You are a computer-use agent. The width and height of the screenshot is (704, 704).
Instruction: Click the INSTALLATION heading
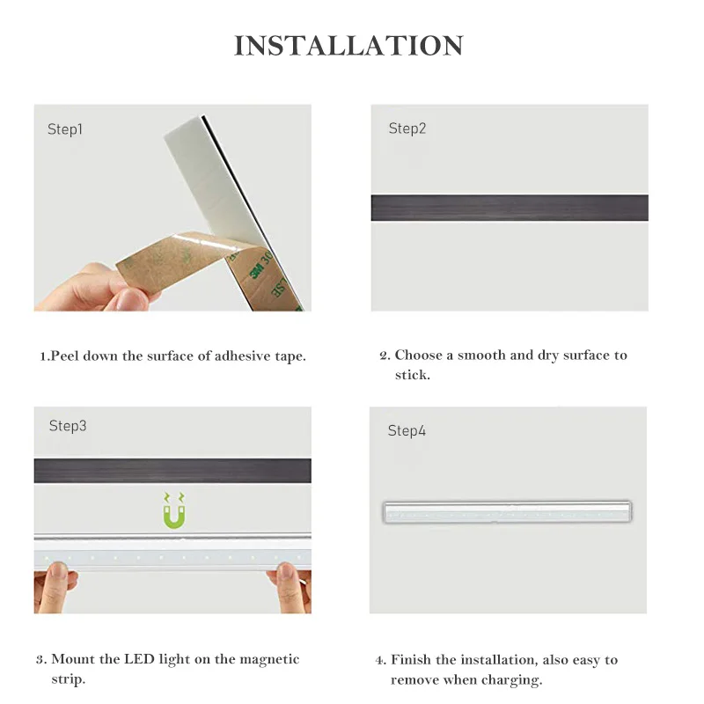coord(348,46)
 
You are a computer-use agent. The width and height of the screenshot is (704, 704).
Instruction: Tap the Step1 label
coord(65,129)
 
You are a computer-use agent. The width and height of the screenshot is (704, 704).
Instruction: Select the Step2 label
coord(407,128)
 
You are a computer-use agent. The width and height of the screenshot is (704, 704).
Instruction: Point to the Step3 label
coord(68,426)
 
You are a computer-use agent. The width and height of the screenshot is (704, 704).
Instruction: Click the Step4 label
coord(407,431)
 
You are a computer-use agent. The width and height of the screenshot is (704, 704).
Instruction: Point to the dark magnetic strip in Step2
coord(509,208)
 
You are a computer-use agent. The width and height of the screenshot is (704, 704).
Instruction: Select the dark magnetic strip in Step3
coord(172,471)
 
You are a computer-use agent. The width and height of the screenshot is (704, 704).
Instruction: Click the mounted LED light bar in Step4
coord(507,512)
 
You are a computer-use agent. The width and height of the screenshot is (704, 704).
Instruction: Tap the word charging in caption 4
coord(510,680)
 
